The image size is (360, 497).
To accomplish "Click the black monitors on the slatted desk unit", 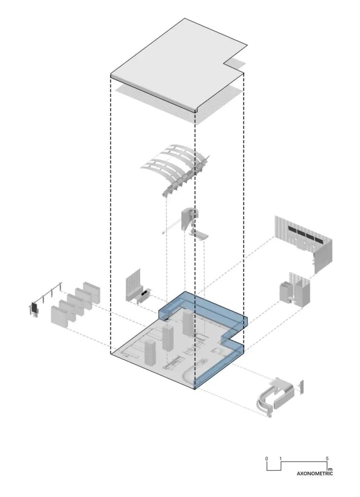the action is [144, 293].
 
